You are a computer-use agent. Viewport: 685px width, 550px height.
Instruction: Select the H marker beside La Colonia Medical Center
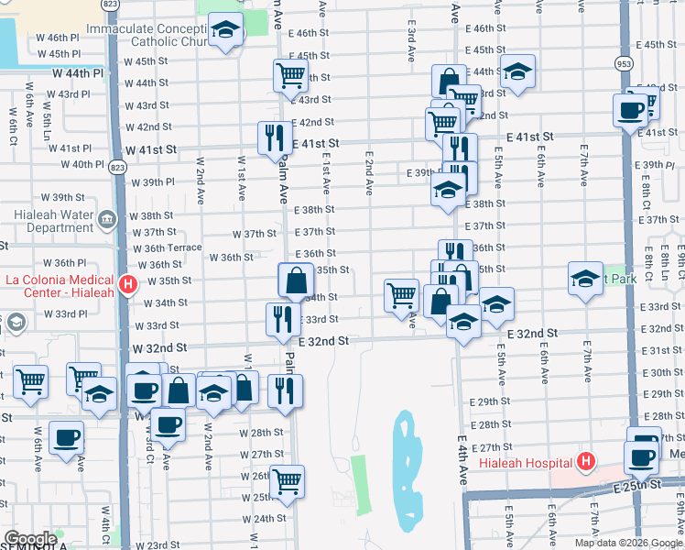pyautogui.click(x=128, y=284)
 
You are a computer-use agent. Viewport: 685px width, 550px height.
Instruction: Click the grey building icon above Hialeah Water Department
pyautogui.click(x=106, y=220)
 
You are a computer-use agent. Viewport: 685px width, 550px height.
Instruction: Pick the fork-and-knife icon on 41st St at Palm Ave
pyautogui.click(x=274, y=137)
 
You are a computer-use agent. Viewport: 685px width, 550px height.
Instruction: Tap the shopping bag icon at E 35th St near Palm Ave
pyautogui.click(x=297, y=280)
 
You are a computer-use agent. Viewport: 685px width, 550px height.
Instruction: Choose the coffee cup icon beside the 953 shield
pyautogui.click(x=630, y=109)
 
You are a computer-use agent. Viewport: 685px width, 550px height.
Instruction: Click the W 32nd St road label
pyautogui.click(x=159, y=348)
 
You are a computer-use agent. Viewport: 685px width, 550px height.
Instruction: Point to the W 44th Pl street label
pyautogui.click(x=78, y=71)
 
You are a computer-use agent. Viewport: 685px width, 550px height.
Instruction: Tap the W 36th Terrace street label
pyautogui.click(x=167, y=248)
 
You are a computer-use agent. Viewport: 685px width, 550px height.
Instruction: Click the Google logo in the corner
pyautogui.click(x=31, y=539)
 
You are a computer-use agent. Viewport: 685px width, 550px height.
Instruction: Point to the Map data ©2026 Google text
pyautogui.click(x=628, y=543)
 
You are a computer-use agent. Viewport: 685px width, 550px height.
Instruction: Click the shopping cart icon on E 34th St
pyautogui.click(x=401, y=295)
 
